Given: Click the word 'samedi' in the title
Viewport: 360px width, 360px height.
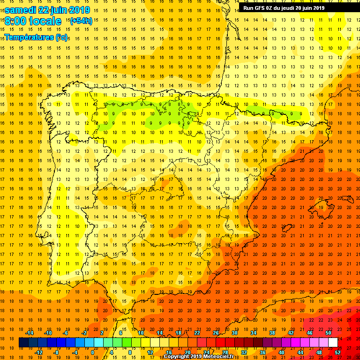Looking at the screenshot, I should (x=21, y=10).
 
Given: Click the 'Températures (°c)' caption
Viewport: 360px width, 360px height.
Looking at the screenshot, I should (x=36, y=37).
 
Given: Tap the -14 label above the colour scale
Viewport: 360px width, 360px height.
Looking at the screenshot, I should (x=29, y=333).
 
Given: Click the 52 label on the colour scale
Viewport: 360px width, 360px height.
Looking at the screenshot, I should (x=337, y=352).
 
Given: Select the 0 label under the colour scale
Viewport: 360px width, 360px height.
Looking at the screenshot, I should (x=92, y=352).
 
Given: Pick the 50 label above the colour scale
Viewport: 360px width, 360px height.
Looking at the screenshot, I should (x=328, y=333).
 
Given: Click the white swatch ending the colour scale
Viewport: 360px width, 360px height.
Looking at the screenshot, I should (x=333, y=342).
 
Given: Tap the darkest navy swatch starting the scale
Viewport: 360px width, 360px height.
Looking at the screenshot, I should (x=23, y=342).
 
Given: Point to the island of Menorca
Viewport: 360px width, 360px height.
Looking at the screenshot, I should (x=347, y=199).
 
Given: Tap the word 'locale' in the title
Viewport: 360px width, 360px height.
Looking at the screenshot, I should (x=45, y=21).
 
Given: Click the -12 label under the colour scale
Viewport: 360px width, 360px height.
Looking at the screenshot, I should (x=38, y=352).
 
